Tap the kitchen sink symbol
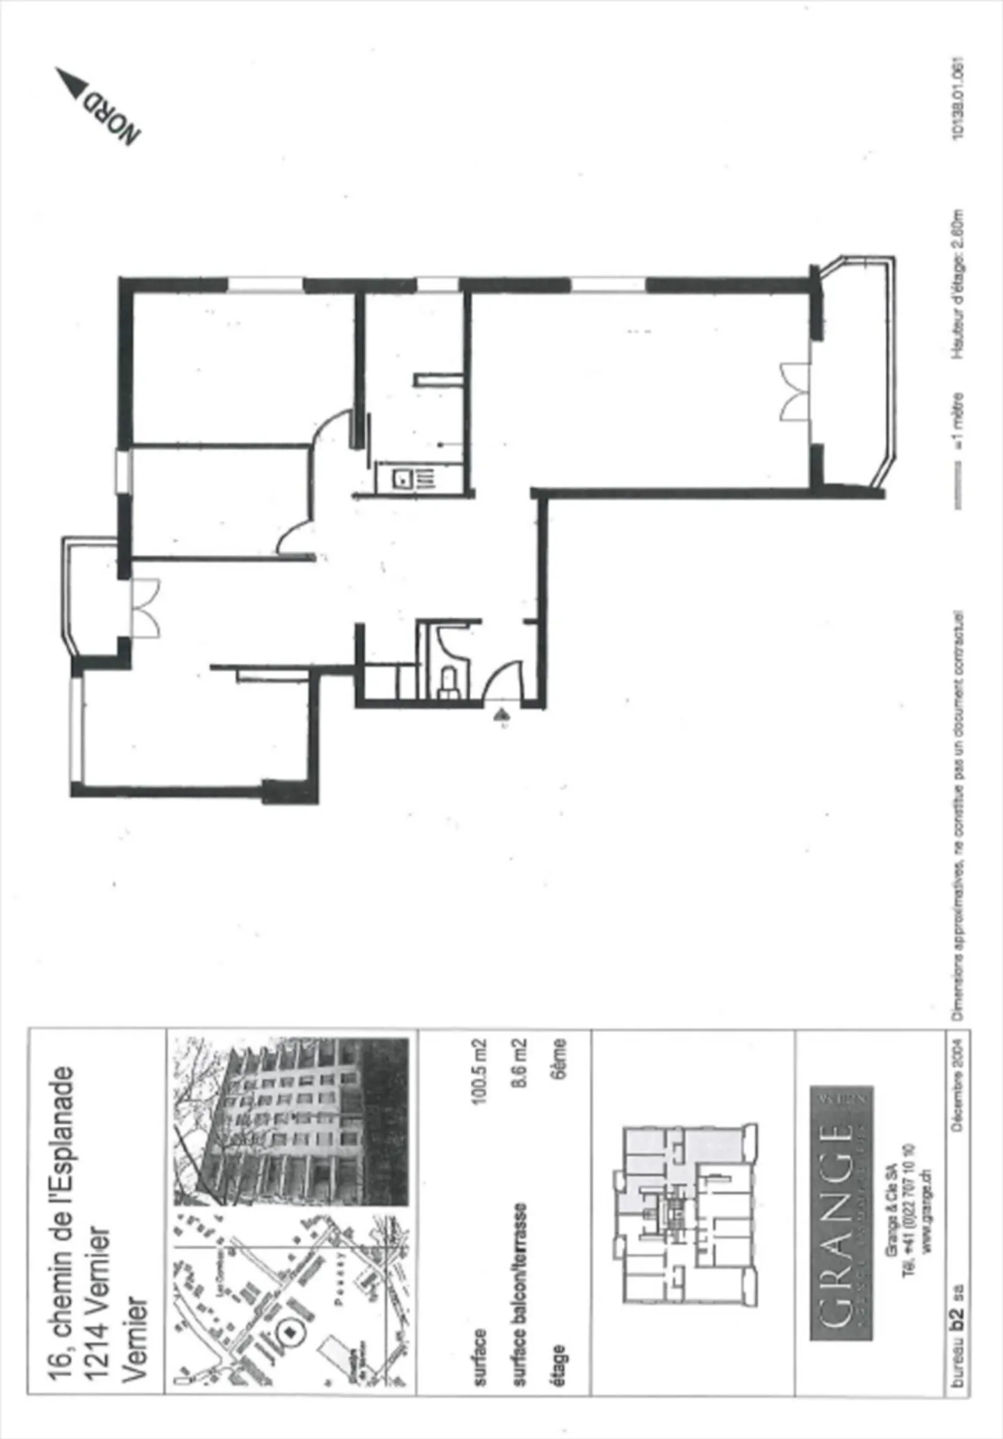click(403, 479)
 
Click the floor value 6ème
click(558, 1059)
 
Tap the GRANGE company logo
click(841, 1213)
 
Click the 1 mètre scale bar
click(959, 485)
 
